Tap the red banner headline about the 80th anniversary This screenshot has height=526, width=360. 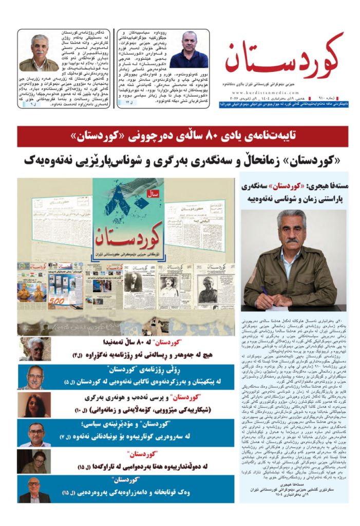(182, 137)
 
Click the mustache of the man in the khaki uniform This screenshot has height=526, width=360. (291, 240)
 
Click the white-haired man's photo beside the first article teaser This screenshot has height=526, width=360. (35, 349)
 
